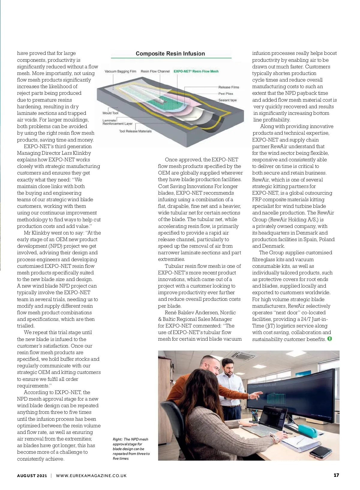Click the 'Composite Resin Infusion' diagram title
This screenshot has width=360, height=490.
[x=170, y=54]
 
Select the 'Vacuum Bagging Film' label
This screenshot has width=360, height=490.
[x=120, y=71]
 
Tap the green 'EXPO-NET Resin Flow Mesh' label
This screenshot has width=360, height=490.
[x=196, y=71]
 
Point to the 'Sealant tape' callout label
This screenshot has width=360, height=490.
[x=227, y=100]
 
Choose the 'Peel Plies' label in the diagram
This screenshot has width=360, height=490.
[x=226, y=94]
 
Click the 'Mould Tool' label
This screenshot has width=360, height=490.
[x=110, y=113]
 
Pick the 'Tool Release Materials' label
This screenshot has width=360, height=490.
[x=135, y=131]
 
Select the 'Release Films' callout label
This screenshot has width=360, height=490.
[x=229, y=87]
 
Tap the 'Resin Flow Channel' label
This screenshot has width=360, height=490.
[x=155, y=71]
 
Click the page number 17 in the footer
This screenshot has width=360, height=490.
[x=336, y=475]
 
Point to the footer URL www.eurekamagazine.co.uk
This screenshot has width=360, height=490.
[x=91, y=476]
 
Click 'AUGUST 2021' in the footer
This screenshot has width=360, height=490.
[x=32, y=476]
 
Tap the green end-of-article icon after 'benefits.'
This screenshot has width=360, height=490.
[x=330, y=339]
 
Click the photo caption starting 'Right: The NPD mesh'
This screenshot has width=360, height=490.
[x=131, y=449]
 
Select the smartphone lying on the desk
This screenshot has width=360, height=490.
[x=320, y=452]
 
